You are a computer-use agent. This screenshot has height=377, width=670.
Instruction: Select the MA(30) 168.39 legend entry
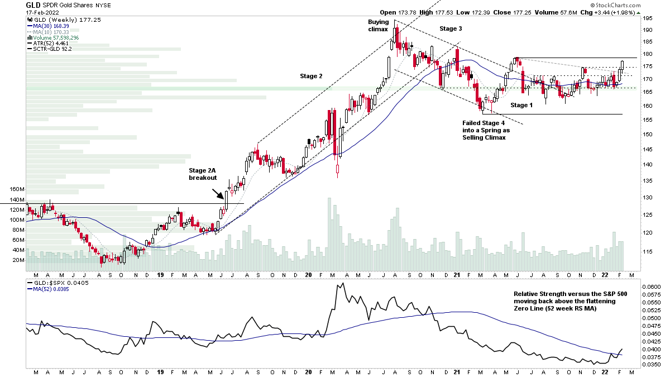point(47,25)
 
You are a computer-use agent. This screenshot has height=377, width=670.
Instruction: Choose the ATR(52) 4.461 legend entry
point(49,42)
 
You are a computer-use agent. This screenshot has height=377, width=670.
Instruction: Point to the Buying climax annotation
point(378,25)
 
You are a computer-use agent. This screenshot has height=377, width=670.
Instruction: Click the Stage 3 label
point(451,28)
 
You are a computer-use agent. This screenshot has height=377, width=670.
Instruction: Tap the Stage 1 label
point(521,105)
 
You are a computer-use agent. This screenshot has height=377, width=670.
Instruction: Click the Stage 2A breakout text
point(202,173)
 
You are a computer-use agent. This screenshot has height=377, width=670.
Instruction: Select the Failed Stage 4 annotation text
point(486,130)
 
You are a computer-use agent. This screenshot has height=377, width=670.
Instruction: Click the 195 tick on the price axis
point(648,18)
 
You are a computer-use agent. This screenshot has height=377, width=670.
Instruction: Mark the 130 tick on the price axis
point(648,198)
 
